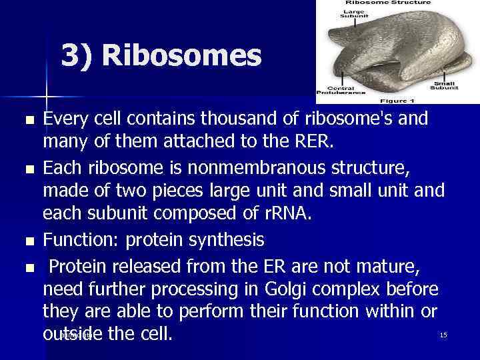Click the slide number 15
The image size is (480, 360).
coord(443,335)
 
